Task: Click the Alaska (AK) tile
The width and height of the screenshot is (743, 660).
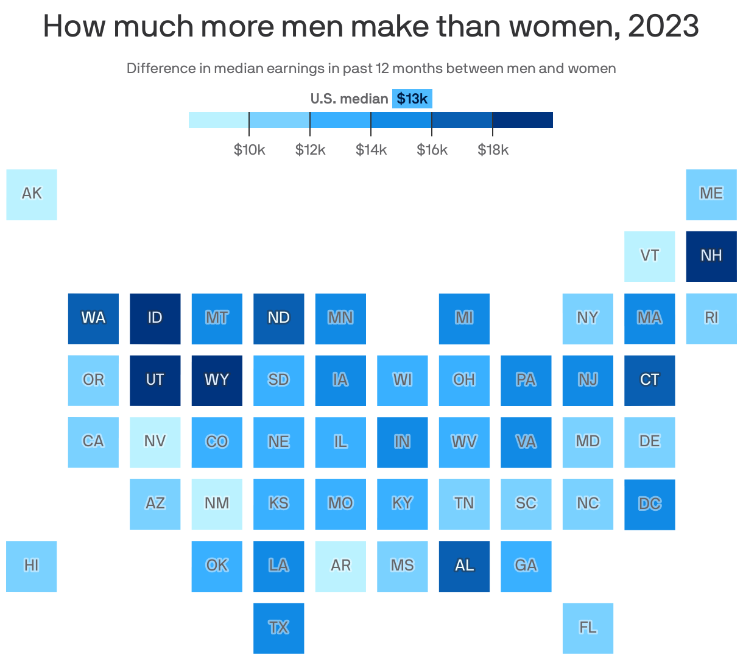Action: [32, 194]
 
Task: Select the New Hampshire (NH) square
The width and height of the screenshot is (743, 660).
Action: [711, 256]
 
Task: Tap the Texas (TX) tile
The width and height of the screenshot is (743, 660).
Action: [278, 628]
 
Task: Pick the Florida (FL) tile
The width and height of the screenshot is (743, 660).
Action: [588, 628]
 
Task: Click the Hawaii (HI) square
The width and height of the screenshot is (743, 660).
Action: [32, 566]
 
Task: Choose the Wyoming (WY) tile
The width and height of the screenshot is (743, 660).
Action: [217, 380]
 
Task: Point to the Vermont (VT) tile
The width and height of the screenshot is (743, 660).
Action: [649, 256]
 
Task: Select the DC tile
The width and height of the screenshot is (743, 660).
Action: [649, 504]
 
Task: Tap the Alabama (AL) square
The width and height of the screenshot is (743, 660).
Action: [464, 566]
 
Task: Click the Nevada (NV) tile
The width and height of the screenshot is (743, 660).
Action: [155, 442]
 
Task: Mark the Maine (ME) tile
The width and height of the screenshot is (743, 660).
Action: [711, 194]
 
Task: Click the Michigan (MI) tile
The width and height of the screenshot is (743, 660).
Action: [464, 318]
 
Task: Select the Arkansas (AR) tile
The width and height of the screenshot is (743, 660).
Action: [340, 566]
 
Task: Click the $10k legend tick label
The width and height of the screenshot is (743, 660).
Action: [249, 150]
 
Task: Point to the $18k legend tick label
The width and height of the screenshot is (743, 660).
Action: [493, 150]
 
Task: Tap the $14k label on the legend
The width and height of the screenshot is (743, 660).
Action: [371, 150]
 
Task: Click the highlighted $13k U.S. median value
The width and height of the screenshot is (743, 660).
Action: [412, 99]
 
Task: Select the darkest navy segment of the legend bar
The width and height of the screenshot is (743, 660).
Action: [523, 120]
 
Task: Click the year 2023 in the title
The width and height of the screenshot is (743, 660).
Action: [663, 26]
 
